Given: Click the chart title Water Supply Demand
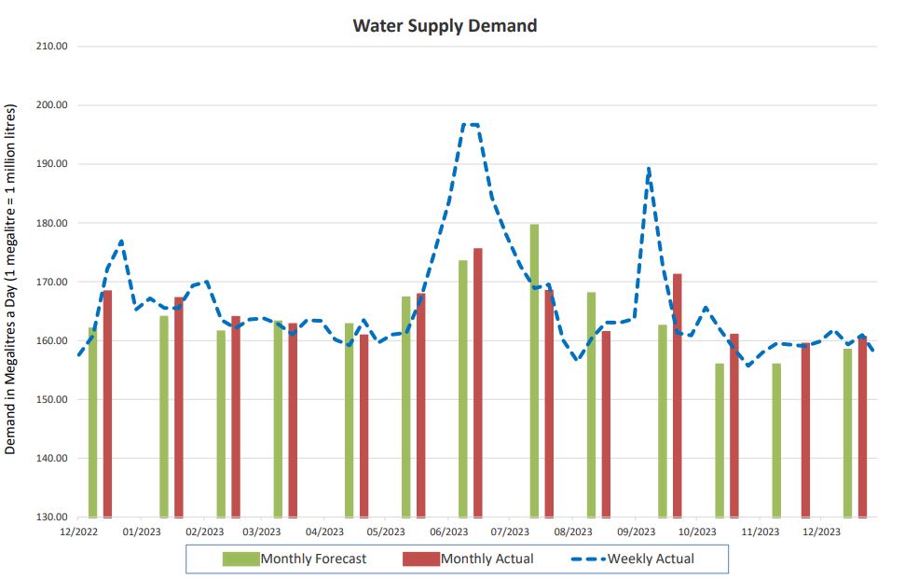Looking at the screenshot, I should [x=445, y=25].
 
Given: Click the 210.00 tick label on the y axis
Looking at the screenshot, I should [x=51, y=46].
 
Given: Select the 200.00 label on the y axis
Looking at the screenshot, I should [x=51, y=105].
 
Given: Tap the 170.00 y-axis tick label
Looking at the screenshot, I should [x=51, y=282].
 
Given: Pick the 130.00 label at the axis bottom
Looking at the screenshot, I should [x=51, y=518].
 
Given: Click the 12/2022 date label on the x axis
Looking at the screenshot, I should [x=79, y=532].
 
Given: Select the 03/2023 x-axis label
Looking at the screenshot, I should [x=262, y=532].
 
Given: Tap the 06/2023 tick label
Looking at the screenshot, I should [x=448, y=532].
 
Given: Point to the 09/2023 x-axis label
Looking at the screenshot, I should [x=636, y=532].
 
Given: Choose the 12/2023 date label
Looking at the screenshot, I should [x=822, y=532].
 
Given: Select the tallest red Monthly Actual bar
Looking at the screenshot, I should [x=478, y=382].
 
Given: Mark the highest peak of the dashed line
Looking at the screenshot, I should [x=471, y=124].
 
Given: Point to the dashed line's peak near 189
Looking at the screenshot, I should [x=648, y=170].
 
